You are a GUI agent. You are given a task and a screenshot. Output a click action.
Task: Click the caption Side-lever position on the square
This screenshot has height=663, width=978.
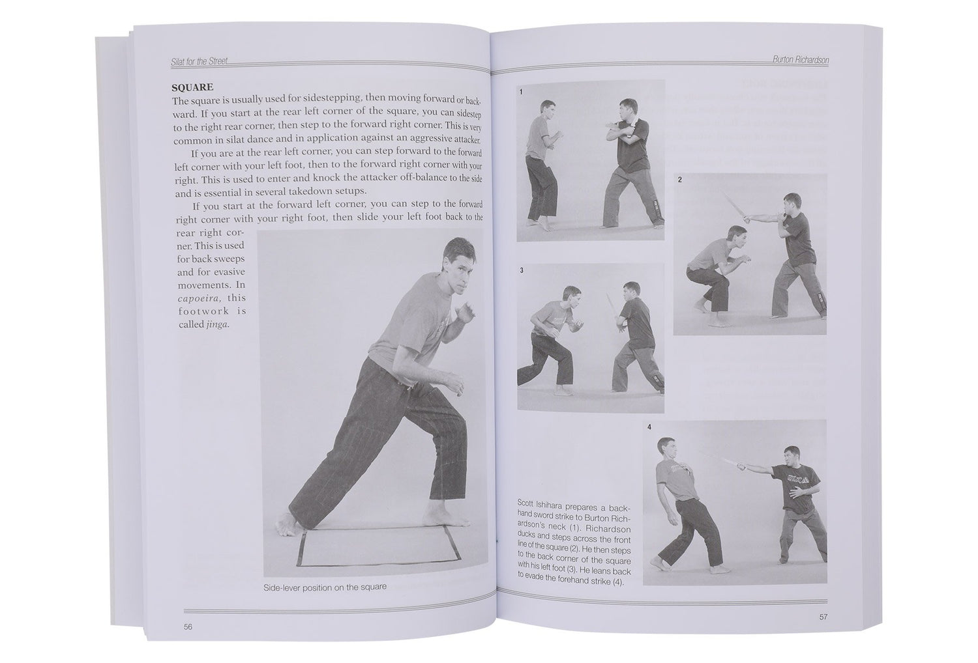point(325,587)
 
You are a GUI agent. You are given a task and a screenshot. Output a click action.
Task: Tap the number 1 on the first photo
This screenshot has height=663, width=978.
point(522,92)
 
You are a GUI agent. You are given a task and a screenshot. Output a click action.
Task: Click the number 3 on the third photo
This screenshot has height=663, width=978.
point(522,270)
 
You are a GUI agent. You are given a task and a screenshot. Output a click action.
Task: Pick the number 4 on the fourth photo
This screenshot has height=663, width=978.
point(649,427)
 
